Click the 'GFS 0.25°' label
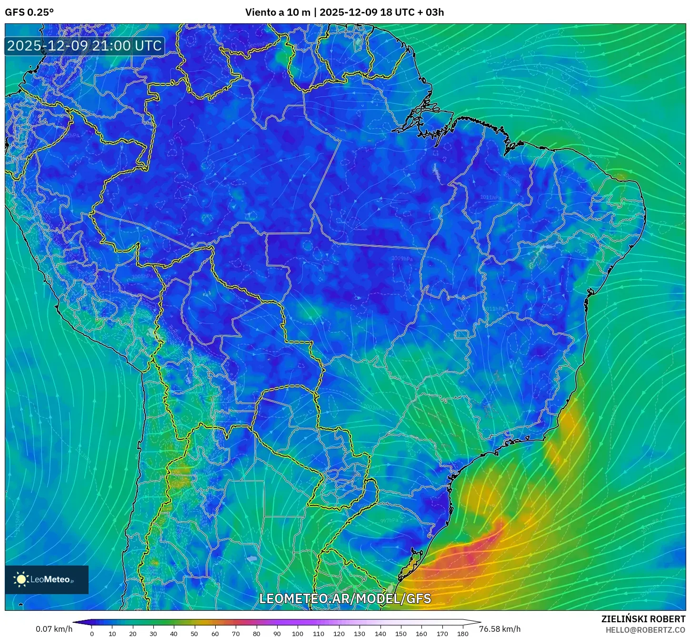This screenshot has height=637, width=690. (29, 12)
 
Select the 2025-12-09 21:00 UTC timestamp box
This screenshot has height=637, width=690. (84, 46)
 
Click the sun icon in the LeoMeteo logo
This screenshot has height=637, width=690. (21, 579)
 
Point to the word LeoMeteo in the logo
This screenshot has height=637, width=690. (50, 579)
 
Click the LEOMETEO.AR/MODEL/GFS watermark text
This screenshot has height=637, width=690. (345, 598)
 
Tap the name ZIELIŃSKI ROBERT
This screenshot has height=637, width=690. (643, 619)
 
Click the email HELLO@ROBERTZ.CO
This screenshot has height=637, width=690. (645, 630)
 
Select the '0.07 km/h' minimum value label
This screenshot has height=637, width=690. (54, 629)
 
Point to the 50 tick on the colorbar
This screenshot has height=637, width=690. (194, 634)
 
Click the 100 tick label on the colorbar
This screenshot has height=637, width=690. (298, 634)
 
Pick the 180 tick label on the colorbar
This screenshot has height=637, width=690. (462, 634)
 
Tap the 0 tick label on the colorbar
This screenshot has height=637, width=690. (92, 634)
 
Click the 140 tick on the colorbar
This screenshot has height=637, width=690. (380, 634)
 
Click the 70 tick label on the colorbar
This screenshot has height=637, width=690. (236, 634)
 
